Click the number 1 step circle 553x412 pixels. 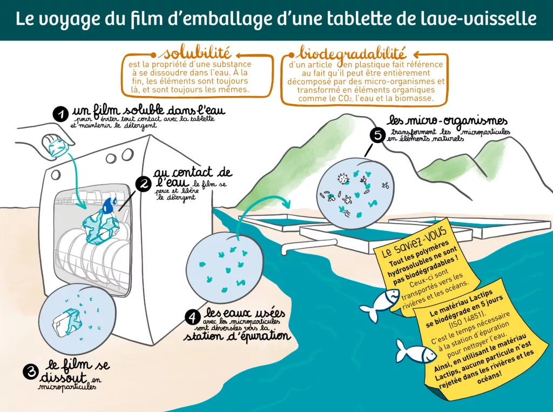tap(60, 114)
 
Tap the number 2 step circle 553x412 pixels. tap(144, 185)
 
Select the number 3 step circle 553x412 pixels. tap(30, 372)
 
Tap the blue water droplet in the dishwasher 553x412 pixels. tap(110, 205)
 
